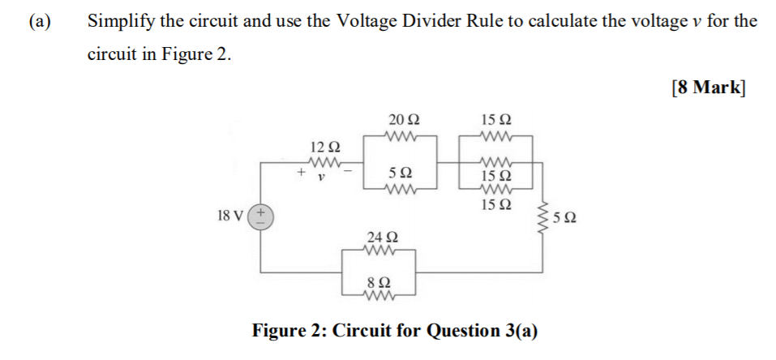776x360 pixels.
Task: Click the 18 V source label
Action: pyautogui.click(x=231, y=216)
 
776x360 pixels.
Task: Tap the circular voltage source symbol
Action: pyautogui.click(x=260, y=216)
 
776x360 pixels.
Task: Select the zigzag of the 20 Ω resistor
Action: pyautogui.click(x=403, y=136)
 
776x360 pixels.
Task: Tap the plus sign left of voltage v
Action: pyautogui.click(x=299, y=173)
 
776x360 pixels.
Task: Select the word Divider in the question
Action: pyautogui.click(x=436, y=22)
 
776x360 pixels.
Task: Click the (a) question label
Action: pyautogui.click(x=38, y=22)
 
